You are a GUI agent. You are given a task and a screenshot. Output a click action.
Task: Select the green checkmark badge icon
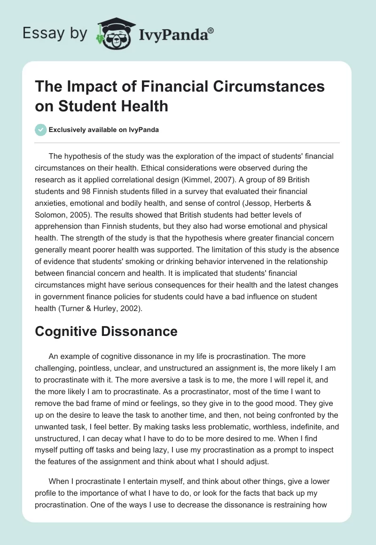40,130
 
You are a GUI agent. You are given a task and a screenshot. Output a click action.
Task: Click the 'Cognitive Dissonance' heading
106,331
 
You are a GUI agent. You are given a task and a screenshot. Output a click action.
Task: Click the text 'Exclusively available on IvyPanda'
103,130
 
